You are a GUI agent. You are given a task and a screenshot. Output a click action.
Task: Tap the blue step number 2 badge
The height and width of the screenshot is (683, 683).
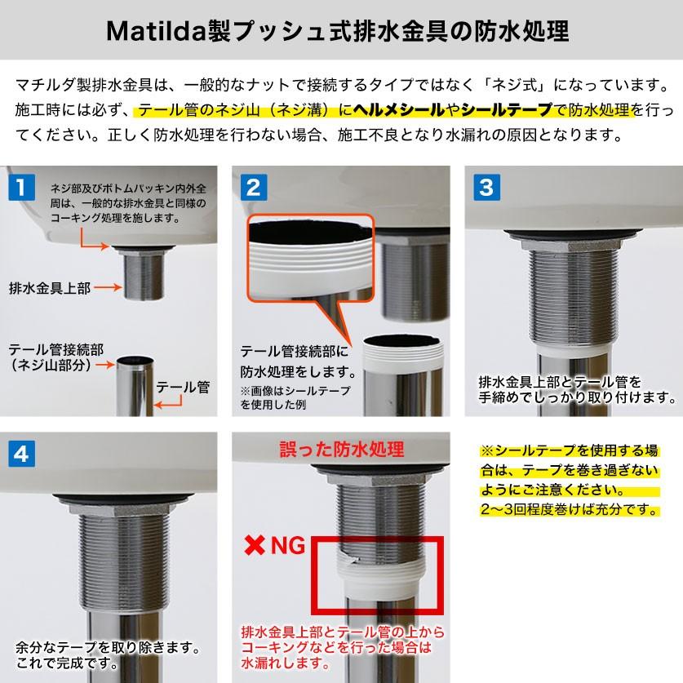pyautogui.click(x=252, y=187)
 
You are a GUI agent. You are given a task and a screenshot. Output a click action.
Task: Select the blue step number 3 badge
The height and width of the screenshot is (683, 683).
pyautogui.click(x=486, y=187)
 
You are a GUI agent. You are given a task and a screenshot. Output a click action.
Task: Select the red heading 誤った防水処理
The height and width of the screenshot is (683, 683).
pyautogui.click(x=342, y=450)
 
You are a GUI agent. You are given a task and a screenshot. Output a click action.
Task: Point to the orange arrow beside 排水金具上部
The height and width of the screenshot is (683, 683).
pyautogui.click(x=109, y=288)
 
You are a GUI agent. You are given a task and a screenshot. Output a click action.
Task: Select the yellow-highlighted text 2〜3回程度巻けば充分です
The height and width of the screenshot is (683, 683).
pyautogui.click(x=570, y=510)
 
